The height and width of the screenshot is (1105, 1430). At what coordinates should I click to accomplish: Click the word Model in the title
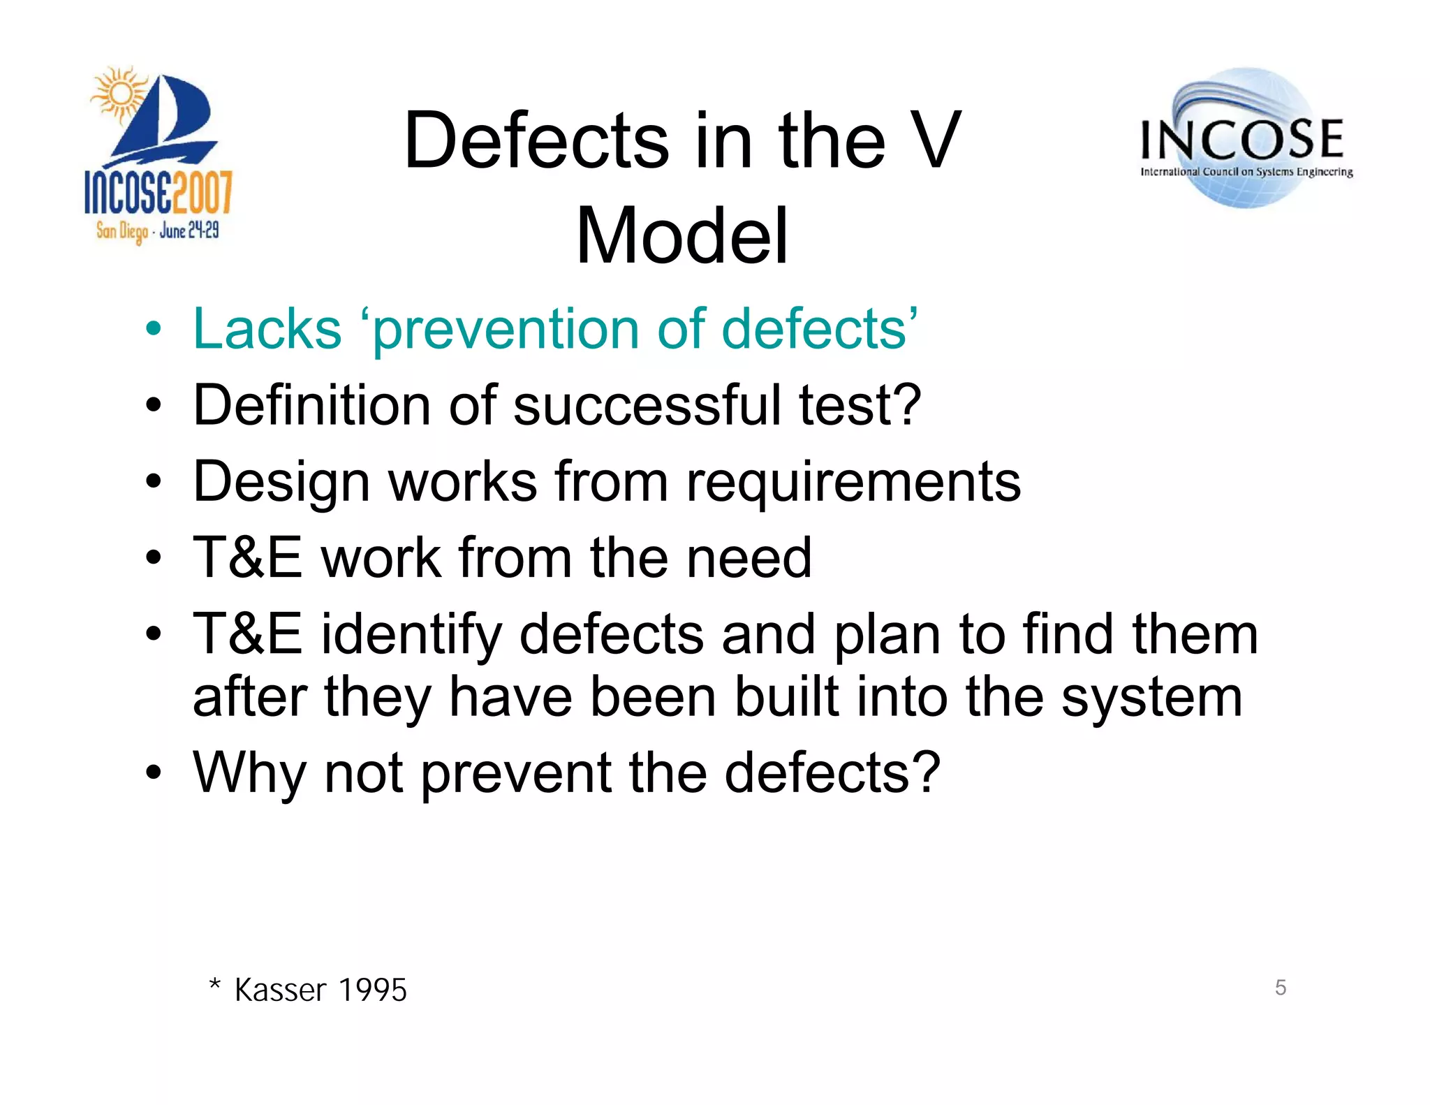[x=681, y=236]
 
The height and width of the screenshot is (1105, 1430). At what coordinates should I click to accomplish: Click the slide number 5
[x=1280, y=987]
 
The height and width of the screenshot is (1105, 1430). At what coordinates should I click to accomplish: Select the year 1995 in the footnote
[x=372, y=990]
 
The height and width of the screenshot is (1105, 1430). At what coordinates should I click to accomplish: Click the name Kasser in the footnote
[x=280, y=990]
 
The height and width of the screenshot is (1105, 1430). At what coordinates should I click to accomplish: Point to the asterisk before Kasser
[x=215, y=986]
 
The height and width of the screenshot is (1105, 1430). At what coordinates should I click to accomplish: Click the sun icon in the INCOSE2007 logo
[x=120, y=94]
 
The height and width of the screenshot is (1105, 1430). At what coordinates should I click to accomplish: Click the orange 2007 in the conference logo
[x=202, y=192]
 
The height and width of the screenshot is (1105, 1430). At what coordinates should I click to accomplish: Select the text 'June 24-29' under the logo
[x=189, y=230]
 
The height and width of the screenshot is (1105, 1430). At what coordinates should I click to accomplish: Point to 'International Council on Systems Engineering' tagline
[x=1246, y=172]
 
